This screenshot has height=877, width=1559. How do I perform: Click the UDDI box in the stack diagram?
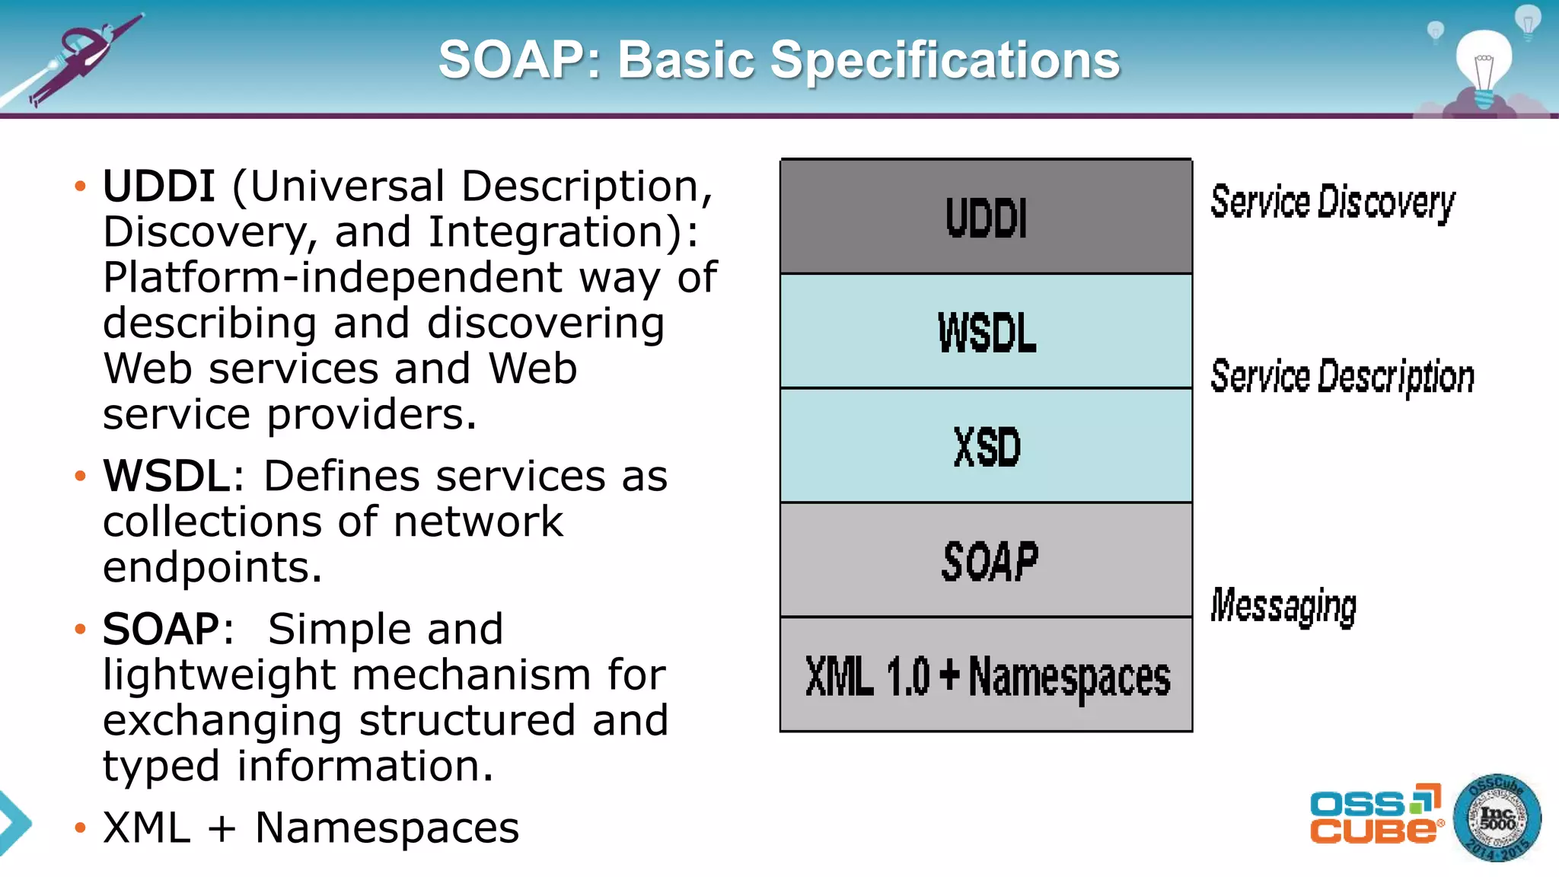[x=986, y=217]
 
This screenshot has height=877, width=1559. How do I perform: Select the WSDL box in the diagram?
[x=986, y=332]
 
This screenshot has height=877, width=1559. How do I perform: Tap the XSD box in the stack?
[x=986, y=446]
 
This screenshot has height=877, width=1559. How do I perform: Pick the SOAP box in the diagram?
[x=986, y=561]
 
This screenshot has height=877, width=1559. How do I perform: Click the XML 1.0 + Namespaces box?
[x=986, y=676]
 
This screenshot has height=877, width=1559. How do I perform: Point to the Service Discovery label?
[x=1332, y=203]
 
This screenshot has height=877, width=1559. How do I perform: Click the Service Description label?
[x=1342, y=377]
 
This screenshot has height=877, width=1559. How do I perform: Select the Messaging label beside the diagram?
[x=1283, y=606]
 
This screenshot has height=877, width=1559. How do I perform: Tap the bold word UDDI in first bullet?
[x=158, y=187]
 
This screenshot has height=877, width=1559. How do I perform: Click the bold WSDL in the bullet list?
[x=167, y=477]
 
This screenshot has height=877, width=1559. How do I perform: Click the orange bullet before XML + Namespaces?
[x=81, y=828]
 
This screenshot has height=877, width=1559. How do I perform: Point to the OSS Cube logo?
[x=1375, y=815]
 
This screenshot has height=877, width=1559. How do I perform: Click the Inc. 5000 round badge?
[x=1497, y=818]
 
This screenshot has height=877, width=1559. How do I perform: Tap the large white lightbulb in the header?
[x=1484, y=65]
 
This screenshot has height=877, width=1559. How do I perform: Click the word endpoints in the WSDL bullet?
[x=212, y=568]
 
